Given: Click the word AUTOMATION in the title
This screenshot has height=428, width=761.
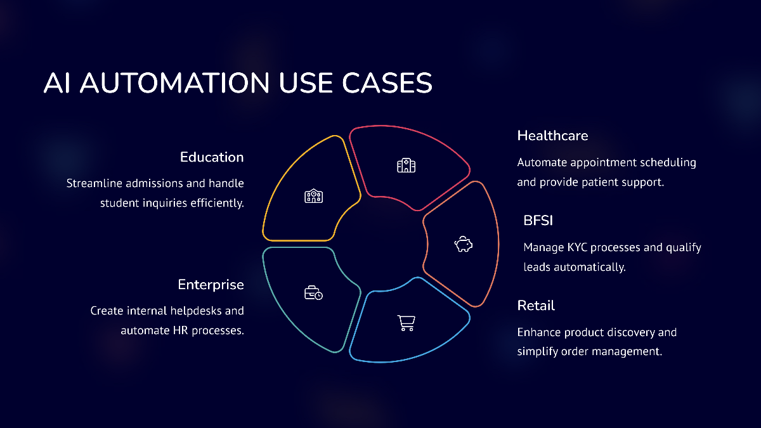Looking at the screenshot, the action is [x=175, y=83].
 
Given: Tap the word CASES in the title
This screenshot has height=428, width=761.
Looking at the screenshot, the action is [x=387, y=83].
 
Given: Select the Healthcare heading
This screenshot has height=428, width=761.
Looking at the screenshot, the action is [x=552, y=136].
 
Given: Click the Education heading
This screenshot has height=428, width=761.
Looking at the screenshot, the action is [x=212, y=157].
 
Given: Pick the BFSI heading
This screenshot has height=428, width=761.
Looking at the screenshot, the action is [x=538, y=221].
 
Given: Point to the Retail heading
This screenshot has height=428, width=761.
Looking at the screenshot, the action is [x=536, y=306].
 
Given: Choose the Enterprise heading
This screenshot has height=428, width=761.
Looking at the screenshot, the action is [x=211, y=285].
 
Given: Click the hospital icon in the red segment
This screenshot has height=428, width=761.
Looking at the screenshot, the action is [x=407, y=165].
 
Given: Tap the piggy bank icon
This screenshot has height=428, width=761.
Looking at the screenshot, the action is [x=464, y=244].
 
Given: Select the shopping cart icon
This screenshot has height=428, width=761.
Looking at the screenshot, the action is [x=407, y=323].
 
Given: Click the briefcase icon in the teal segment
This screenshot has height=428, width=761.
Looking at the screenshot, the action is [x=313, y=293].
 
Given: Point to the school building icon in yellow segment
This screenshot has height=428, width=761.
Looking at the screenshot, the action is [x=313, y=196].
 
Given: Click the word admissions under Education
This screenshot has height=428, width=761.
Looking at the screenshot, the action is [x=154, y=183].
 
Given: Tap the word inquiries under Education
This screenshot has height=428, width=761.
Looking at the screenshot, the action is [x=165, y=204].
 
